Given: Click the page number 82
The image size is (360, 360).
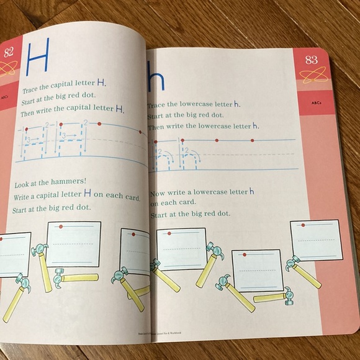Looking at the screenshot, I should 9,52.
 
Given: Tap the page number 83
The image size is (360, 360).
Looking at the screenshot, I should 311,60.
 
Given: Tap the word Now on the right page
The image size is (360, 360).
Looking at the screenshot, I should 160,193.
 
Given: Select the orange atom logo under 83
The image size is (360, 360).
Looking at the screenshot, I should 312,76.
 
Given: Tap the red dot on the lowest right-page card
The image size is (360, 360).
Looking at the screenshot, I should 245,254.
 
